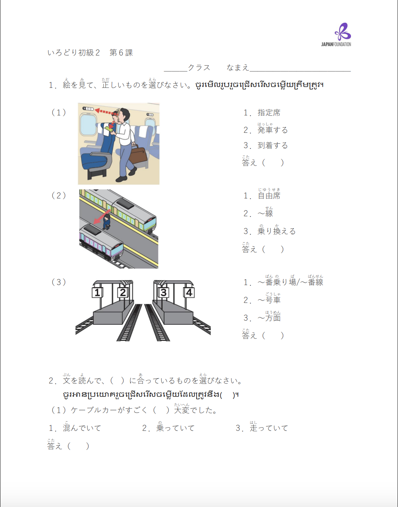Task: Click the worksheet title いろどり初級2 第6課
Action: click(90, 53)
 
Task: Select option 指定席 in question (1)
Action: click(268, 113)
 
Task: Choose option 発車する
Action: click(272, 130)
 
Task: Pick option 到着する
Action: click(272, 145)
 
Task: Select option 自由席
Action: click(269, 196)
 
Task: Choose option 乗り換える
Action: click(276, 231)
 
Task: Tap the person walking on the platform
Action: click(107, 221)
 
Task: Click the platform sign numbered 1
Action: click(97, 292)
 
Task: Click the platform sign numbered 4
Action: click(189, 292)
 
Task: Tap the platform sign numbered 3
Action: click(163, 292)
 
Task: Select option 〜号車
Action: click(269, 300)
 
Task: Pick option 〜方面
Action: click(269, 318)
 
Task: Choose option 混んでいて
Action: click(81, 428)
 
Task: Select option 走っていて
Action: click(268, 428)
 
